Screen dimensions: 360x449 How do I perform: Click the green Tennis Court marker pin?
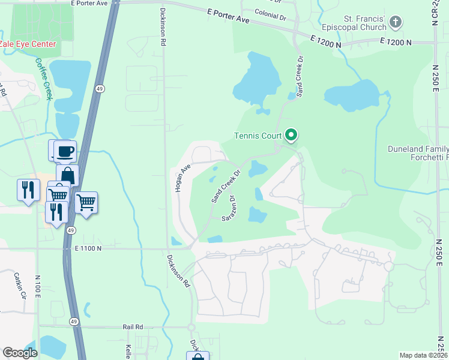pyautogui.click(x=291, y=135)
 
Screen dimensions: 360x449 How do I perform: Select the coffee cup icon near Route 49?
pyautogui.click(x=65, y=151)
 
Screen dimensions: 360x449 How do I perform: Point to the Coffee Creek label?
pyautogui.click(x=43, y=78)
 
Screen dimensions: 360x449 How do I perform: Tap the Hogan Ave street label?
pyautogui.click(x=182, y=178)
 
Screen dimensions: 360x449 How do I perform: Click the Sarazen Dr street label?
pyautogui.click(x=229, y=208)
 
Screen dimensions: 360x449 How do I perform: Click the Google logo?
pyautogui.click(x=20, y=353)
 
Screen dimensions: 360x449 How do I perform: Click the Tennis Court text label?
pyautogui.click(x=259, y=136)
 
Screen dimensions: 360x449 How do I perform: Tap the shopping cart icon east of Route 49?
pyautogui.click(x=86, y=203)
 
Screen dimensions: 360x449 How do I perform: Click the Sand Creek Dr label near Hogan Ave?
pyautogui.click(x=225, y=185)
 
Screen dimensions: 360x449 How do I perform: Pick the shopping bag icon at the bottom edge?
pyautogui.click(x=197, y=356)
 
